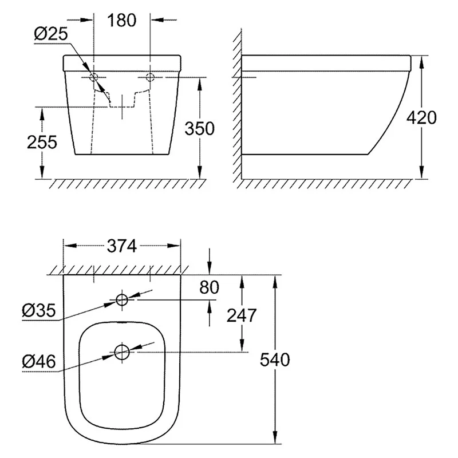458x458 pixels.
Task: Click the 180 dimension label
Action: [x=121, y=20]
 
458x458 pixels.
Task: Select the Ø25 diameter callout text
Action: [x=51, y=34]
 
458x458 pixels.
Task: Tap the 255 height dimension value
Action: [x=42, y=142]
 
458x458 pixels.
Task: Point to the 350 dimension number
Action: [x=199, y=128]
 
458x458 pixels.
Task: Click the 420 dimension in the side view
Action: [x=421, y=117]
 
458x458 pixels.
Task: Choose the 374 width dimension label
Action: [x=122, y=246]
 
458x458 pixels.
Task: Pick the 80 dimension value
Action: [x=209, y=287]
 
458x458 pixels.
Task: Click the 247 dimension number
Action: [x=242, y=315]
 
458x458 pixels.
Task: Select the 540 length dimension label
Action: [x=275, y=360]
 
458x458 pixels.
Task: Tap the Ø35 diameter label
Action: [x=38, y=310]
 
